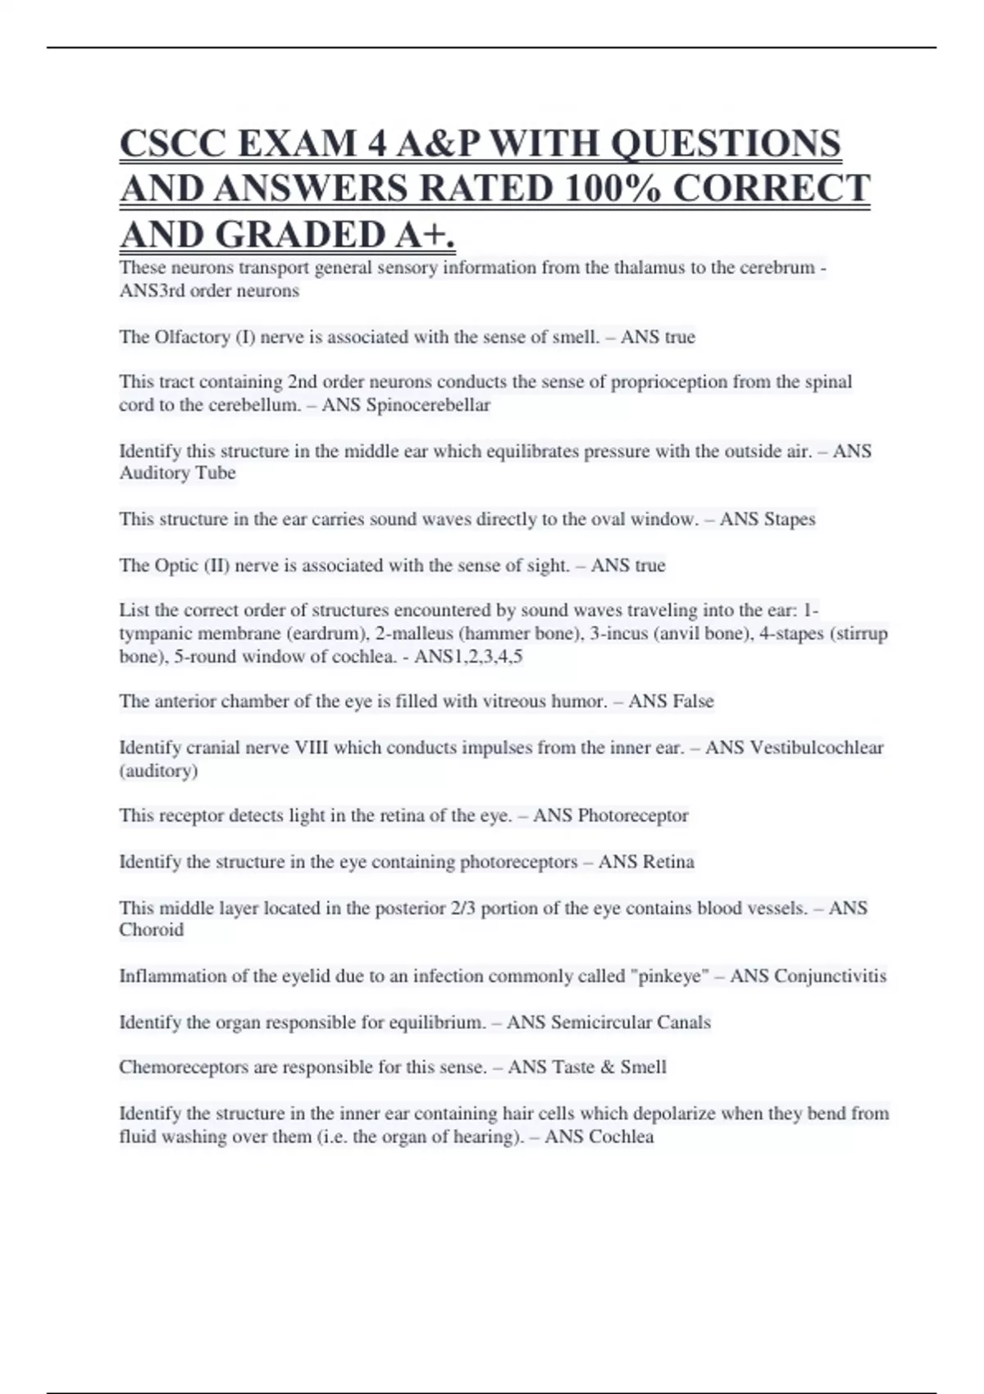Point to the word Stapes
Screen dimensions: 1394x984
click(790, 519)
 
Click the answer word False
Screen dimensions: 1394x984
click(693, 701)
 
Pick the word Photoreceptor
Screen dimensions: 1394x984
click(633, 815)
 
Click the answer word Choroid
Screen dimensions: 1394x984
click(152, 930)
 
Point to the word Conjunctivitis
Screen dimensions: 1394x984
click(830, 976)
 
